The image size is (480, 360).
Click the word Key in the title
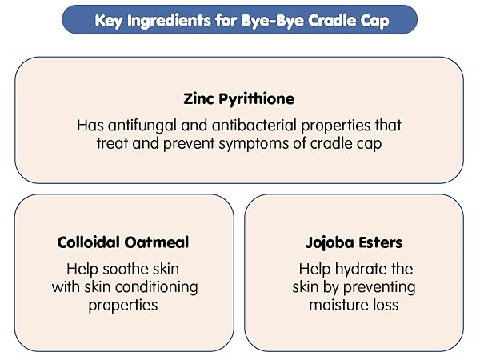pos(108,20)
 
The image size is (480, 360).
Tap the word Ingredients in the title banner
pos(170,20)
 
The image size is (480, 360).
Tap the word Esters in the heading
pos(380,242)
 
